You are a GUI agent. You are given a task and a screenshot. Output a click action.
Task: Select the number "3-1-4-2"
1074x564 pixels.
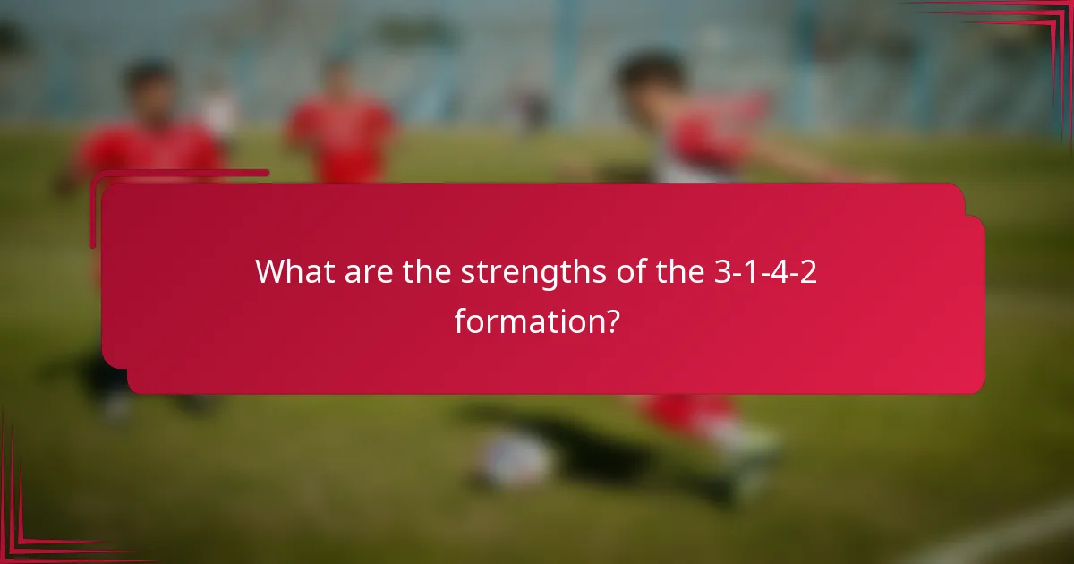click(766, 271)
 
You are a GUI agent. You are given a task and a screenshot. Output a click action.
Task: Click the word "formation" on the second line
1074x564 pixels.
click(523, 320)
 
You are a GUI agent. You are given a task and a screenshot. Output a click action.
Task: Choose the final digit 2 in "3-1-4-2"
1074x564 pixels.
click(809, 271)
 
